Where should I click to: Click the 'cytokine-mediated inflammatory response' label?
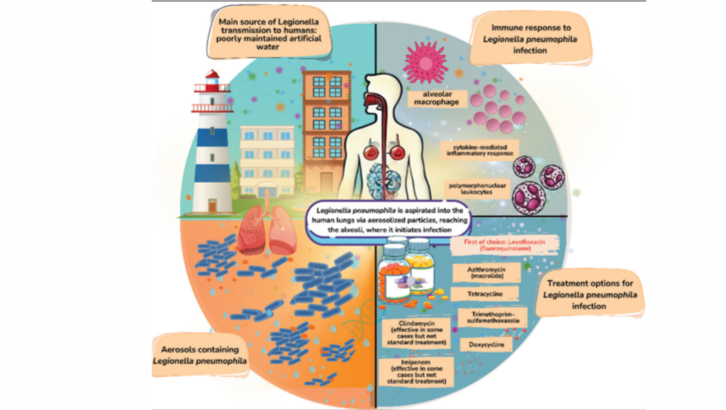pos(480,150)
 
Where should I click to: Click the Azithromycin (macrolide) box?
pos(486,273)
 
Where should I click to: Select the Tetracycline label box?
pos(485,293)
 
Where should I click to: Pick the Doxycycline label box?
pos(486,344)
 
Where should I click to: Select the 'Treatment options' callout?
pos(590,294)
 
